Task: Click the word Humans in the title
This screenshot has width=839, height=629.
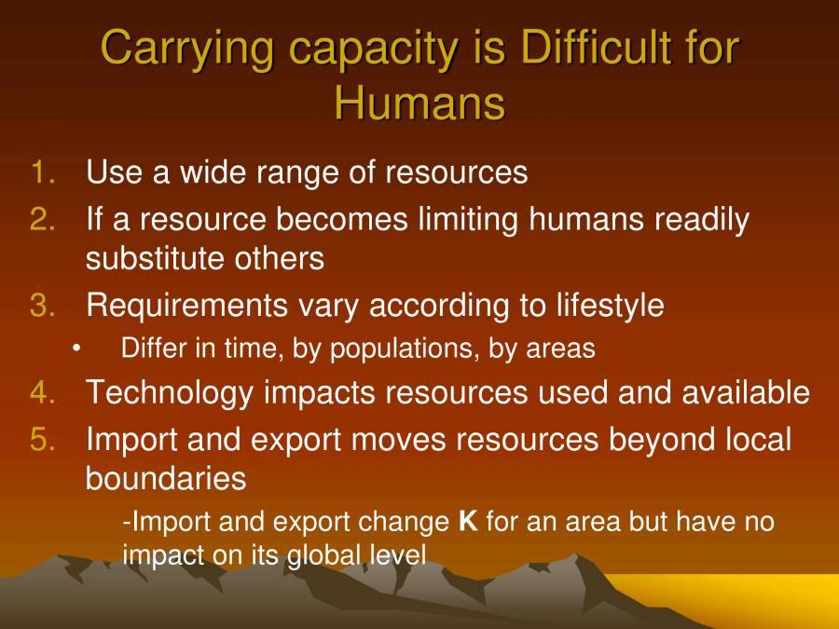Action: [419, 103]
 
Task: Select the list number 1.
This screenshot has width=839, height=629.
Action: [43, 172]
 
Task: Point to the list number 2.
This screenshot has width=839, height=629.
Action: [43, 220]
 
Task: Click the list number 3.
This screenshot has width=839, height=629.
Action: [43, 306]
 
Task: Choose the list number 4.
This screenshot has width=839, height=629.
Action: [43, 392]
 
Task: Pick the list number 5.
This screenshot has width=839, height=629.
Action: [43, 439]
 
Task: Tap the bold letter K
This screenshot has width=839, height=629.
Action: [468, 521]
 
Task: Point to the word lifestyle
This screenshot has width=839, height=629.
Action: [611, 306]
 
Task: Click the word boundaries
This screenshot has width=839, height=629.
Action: [165, 479]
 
